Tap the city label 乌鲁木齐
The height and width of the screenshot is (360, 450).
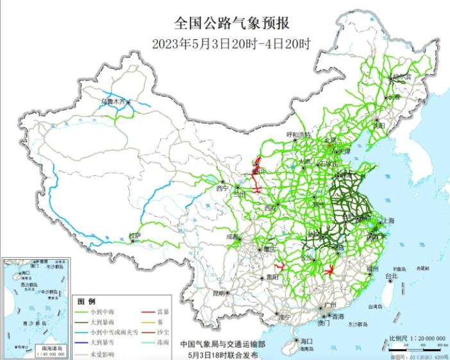pyautogui.click(x=113, y=101)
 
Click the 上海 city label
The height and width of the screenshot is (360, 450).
pyautogui.click(x=388, y=221)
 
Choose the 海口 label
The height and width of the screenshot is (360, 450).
pyautogui.click(x=306, y=340)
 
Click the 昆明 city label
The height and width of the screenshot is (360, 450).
pyautogui.click(x=219, y=293)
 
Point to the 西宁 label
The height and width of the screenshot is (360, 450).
pyautogui.click(x=222, y=189)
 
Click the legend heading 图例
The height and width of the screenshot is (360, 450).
pyautogui.click(x=87, y=301)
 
